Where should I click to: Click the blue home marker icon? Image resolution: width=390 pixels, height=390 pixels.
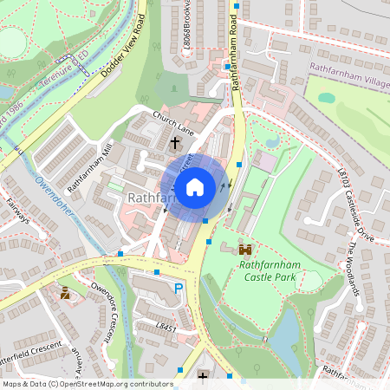tap(195, 186)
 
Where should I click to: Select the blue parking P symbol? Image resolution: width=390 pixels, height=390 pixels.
tap(179, 289)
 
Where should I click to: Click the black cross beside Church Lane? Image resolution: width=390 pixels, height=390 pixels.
tap(175, 141)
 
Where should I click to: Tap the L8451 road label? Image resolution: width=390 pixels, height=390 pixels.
tap(166, 328)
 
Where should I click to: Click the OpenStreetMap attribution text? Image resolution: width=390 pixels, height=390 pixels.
tap(87, 383)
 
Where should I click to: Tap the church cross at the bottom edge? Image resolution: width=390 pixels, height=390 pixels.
tap(203, 376)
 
